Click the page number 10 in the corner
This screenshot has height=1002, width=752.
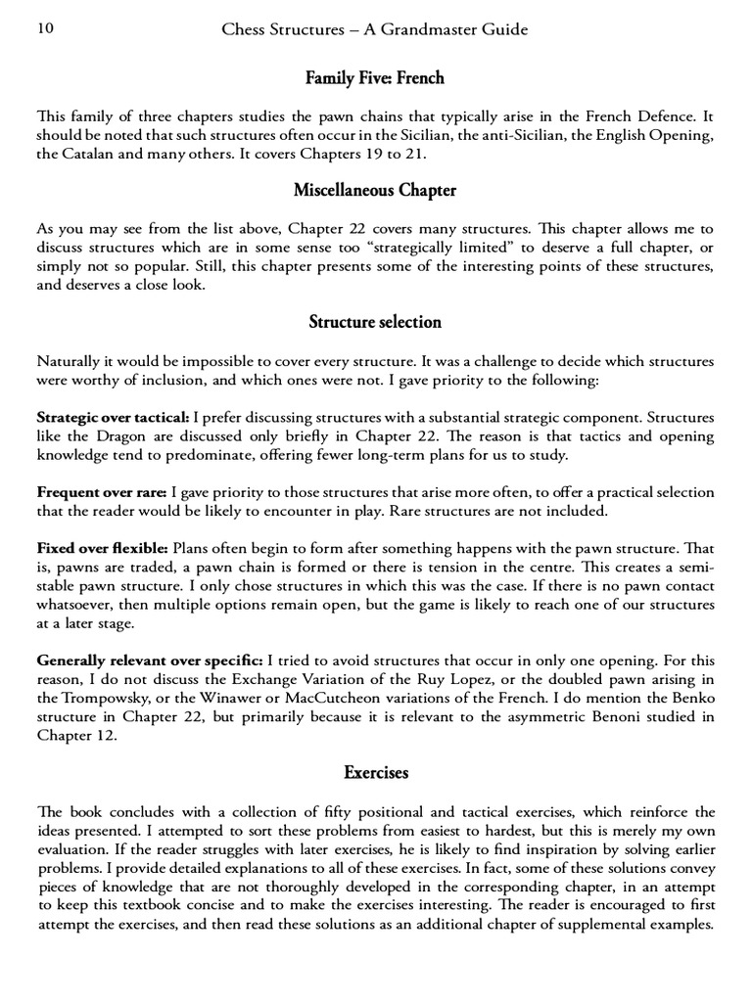coord(45,29)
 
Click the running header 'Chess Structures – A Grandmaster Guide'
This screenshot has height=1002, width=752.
coord(375,29)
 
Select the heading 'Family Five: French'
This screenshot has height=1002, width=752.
coord(376,77)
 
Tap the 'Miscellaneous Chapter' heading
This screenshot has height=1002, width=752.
coord(376,190)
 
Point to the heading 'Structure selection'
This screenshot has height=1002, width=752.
coord(376,322)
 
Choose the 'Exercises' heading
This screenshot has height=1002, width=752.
coord(376,773)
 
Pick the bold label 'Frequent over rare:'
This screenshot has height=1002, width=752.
coord(101,491)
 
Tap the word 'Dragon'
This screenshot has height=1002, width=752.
coord(121,436)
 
